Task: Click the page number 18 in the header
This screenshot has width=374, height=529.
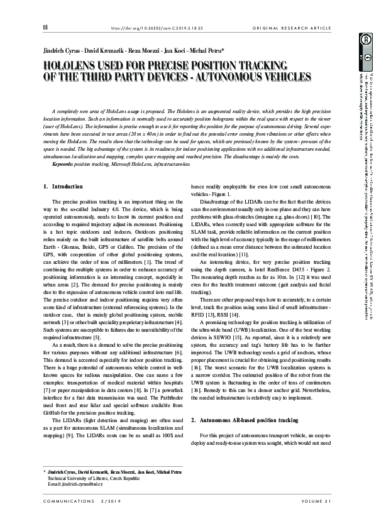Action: (x=45, y=28)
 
